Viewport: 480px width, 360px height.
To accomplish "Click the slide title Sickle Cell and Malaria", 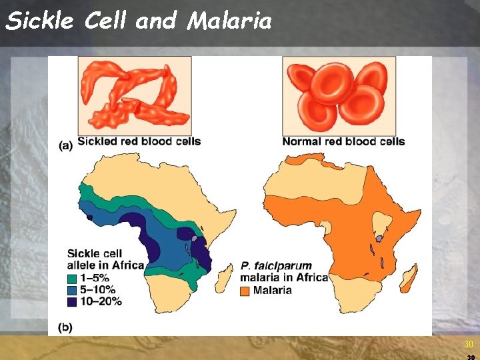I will tap(139, 21).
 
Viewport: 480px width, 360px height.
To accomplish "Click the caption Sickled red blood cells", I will tap(139, 141).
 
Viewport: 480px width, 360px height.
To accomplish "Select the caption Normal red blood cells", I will tap(343, 141).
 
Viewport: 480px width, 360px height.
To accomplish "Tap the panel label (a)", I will tap(66, 146).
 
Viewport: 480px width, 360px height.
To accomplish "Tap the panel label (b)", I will tap(66, 327).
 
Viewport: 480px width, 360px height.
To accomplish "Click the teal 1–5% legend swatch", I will tap(73, 278).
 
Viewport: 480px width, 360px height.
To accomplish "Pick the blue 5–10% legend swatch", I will tap(73, 289).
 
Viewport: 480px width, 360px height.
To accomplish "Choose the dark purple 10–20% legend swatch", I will tap(73, 301).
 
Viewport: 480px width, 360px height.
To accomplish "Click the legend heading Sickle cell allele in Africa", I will tap(105, 259).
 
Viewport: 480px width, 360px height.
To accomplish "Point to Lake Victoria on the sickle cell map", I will tap(195, 238).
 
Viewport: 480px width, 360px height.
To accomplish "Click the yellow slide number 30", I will tap(468, 344).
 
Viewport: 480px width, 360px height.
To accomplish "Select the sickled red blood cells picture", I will tap(134, 95).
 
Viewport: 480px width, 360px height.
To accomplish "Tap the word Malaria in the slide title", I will tap(230, 21).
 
